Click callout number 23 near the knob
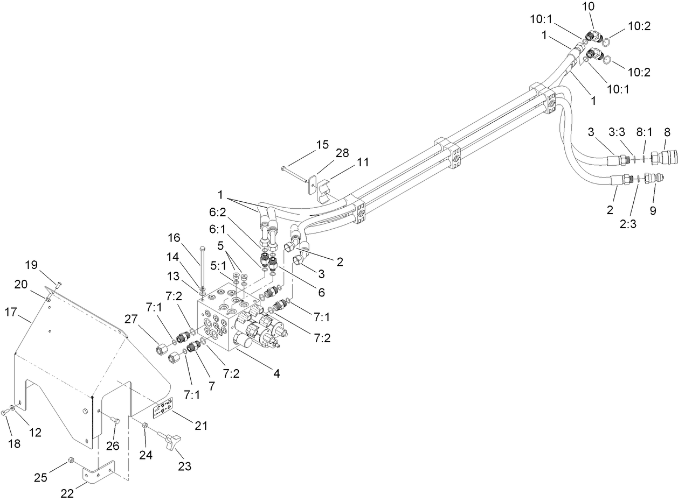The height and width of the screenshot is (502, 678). [185, 466]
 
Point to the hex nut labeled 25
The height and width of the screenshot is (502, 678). [71, 460]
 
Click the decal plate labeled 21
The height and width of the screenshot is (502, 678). [162, 409]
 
